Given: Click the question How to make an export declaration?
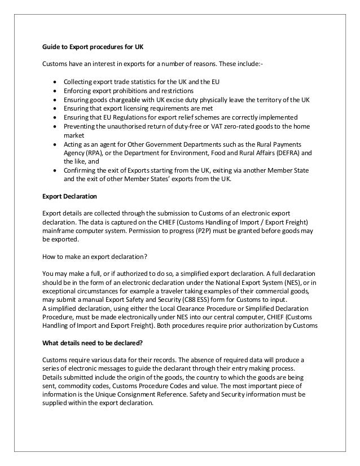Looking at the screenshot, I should click(x=95, y=256).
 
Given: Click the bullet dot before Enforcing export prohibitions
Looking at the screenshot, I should click(x=54, y=91).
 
